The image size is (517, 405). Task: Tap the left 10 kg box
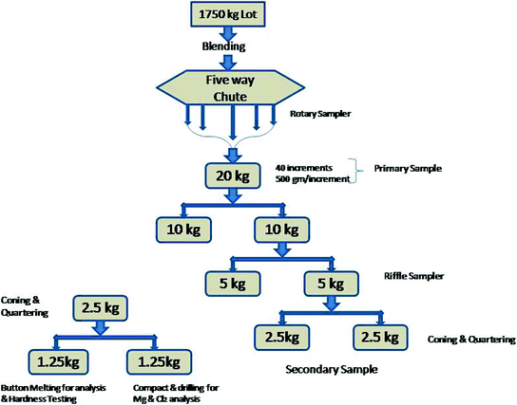point(186,230)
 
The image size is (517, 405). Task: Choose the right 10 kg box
point(278,230)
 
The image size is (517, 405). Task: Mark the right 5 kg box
point(330,282)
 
